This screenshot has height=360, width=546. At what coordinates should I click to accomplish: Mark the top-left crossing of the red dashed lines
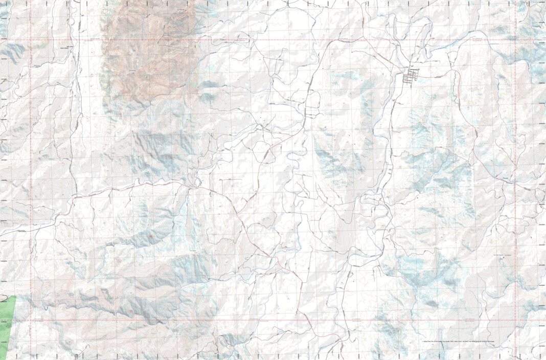point(30,40)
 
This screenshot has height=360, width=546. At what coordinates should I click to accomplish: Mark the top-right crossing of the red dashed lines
point(515,40)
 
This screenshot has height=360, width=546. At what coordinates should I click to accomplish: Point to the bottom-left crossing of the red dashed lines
point(30,320)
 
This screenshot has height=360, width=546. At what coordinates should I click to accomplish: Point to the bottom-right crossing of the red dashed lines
point(515,320)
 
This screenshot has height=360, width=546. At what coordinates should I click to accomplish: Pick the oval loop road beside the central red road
point(266,154)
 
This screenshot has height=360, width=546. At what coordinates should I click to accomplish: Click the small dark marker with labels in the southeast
point(503,258)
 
